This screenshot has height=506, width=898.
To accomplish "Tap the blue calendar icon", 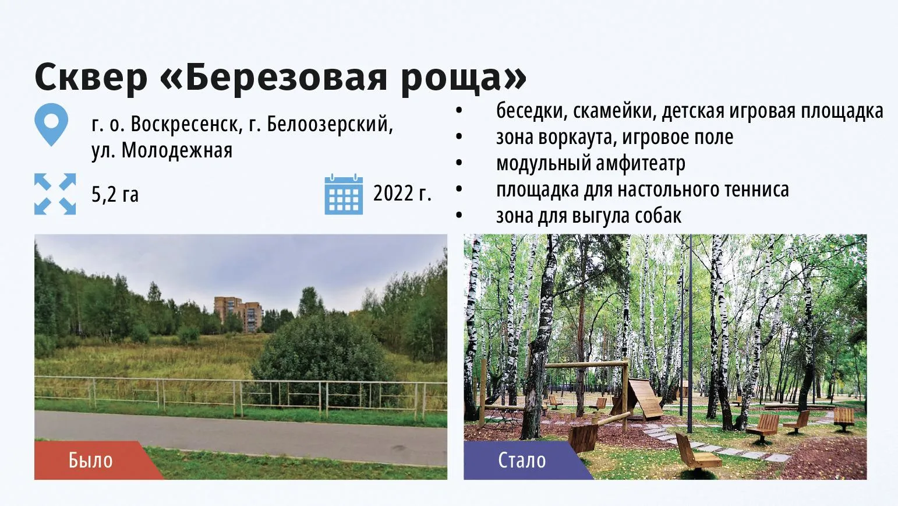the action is pyautogui.click(x=344, y=195).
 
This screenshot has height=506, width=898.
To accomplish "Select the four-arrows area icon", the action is pyautogui.click(x=55, y=194).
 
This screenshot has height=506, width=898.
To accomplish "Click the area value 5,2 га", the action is pyautogui.click(x=115, y=195).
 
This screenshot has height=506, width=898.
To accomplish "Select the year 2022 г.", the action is pyautogui.click(x=402, y=194).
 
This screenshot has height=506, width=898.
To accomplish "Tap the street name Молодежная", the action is pyautogui.click(x=177, y=151).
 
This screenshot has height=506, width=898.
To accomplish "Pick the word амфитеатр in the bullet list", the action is pyautogui.click(x=640, y=163).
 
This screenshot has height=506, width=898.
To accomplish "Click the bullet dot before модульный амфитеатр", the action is pyautogui.click(x=459, y=163).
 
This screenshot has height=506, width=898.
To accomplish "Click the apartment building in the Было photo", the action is pyautogui.click(x=238, y=314).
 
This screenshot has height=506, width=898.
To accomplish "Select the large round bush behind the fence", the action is pyautogui.click(x=323, y=355).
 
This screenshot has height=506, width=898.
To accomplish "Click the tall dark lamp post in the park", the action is pyautogui.click(x=690, y=333).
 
